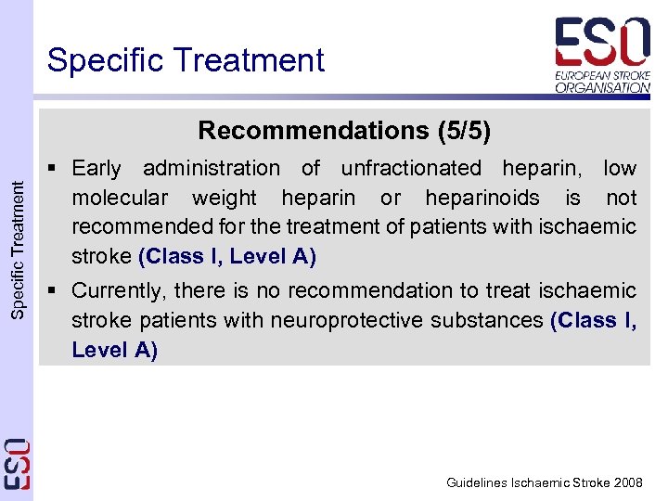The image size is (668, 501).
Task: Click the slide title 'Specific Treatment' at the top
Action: [x=186, y=60]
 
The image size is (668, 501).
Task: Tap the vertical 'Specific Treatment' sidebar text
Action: [x=19, y=250]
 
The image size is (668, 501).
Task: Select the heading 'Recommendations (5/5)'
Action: [x=344, y=130]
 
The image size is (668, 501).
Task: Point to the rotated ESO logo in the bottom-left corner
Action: [x=18, y=464]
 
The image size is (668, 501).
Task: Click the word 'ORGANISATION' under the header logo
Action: [x=603, y=87]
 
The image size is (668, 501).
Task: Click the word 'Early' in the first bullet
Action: [x=96, y=169]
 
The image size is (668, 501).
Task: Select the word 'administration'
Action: [x=211, y=169]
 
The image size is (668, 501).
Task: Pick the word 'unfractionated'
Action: [x=411, y=169]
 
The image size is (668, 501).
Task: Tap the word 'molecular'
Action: [x=120, y=198]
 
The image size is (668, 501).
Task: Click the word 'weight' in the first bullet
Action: [x=223, y=198]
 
